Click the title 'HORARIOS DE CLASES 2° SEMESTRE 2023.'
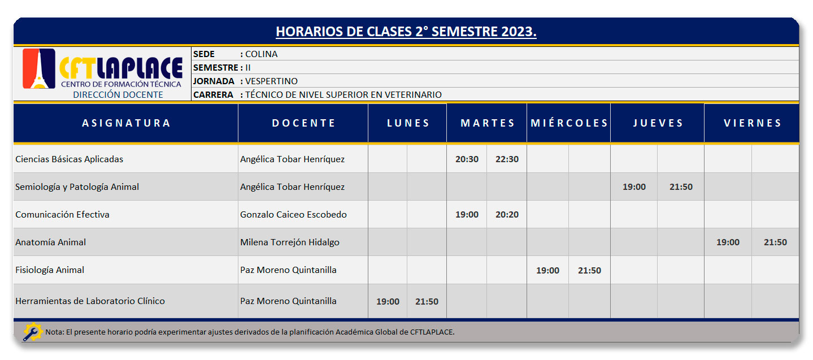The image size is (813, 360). point(406,32)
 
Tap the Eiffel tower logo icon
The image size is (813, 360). point(39,68)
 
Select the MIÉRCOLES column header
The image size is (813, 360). point(569,123)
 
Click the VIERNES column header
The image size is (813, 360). point(753,123)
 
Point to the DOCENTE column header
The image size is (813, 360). point(303,123)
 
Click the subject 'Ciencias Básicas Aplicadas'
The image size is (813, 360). point(69,159)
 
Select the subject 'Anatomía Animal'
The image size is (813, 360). point(50,242)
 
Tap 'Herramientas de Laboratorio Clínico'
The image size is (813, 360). point(90,301)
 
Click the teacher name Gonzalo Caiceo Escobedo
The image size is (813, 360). point(293,215)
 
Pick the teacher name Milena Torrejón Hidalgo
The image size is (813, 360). point(290,242)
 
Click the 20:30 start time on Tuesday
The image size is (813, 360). point(467,159)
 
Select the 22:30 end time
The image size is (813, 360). point(507,159)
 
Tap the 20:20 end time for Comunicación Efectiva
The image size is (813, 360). point(507,215)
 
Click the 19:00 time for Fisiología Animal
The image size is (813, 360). point(547,270)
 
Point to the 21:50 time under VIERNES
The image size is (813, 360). point(775,242)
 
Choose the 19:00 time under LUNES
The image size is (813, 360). point(388,302)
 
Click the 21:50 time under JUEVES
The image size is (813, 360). point(681,187)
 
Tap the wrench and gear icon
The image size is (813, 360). point(33,332)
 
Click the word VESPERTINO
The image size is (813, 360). point(271,81)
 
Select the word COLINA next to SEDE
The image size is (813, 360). point(262,54)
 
